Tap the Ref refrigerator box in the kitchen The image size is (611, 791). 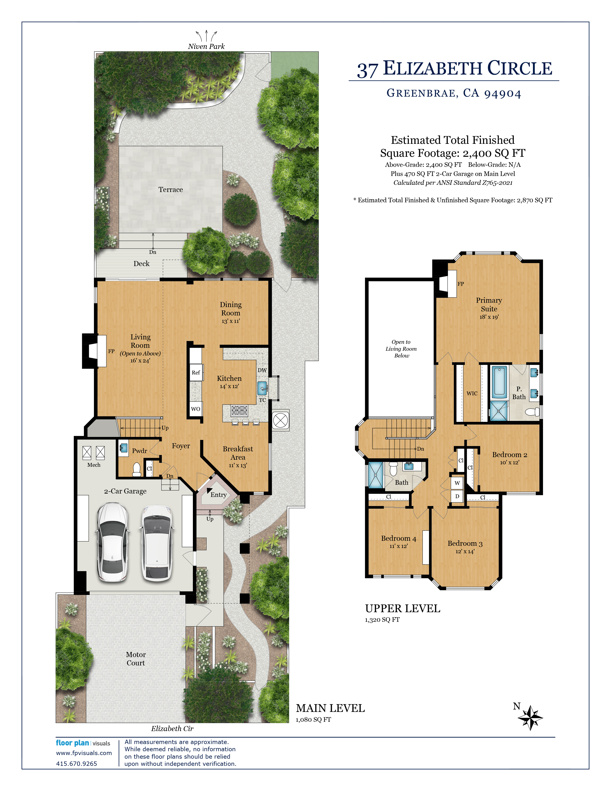(196, 372)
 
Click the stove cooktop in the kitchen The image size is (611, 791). (239, 410)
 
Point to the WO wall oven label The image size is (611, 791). (196, 409)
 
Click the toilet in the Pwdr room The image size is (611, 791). (137, 470)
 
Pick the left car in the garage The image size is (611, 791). (112, 542)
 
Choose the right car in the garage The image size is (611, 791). (157, 542)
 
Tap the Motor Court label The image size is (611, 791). (136, 658)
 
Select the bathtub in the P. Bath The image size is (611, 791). (500, 382)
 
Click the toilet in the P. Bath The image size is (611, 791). (532, 412)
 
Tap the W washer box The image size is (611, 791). (457, 483)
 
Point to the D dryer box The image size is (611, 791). (457, 496)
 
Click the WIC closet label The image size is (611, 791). (472, 393)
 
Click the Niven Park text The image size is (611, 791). (206, 46)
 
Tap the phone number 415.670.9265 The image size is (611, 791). (76, 763)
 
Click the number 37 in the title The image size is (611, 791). (368, 70)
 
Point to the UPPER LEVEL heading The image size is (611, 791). (403, 608)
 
